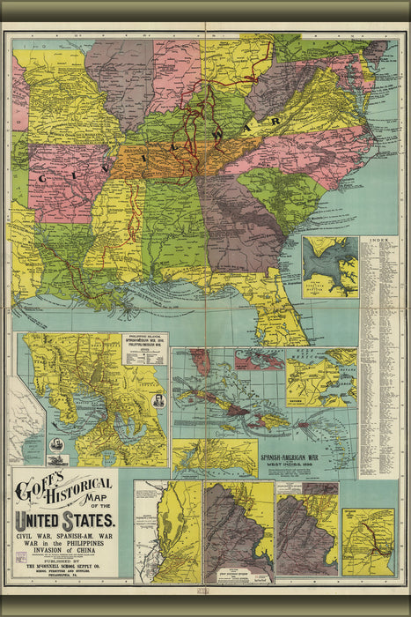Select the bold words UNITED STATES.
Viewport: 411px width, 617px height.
(x=67, y=519)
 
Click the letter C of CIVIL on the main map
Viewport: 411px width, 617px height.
(x=41, y=176)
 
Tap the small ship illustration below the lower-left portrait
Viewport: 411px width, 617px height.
(x=57, y=459)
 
